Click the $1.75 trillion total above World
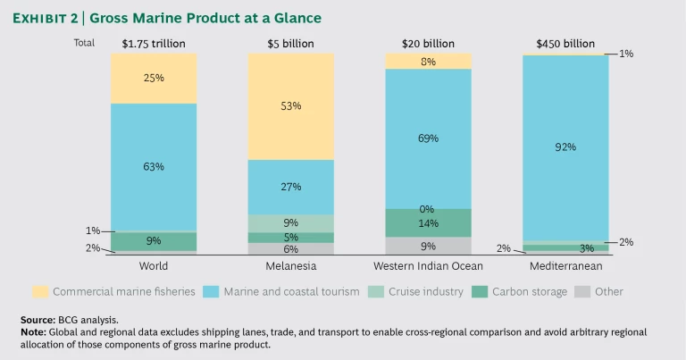point(154,42)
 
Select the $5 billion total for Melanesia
point(290,42)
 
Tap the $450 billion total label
point(565,42)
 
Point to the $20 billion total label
point(428,42)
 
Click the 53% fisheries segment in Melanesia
point(290,106)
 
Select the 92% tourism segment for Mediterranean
point(565,147)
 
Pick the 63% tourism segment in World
point(154,167)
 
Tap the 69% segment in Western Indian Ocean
point(428,138)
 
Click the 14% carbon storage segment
point(428,222)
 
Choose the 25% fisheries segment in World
point(154,79)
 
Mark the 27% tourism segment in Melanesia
point(290,187)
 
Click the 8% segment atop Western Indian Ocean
point(428,61)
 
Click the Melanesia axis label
point(290,266)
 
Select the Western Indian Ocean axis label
point(428,266)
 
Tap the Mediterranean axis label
point(565,266)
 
